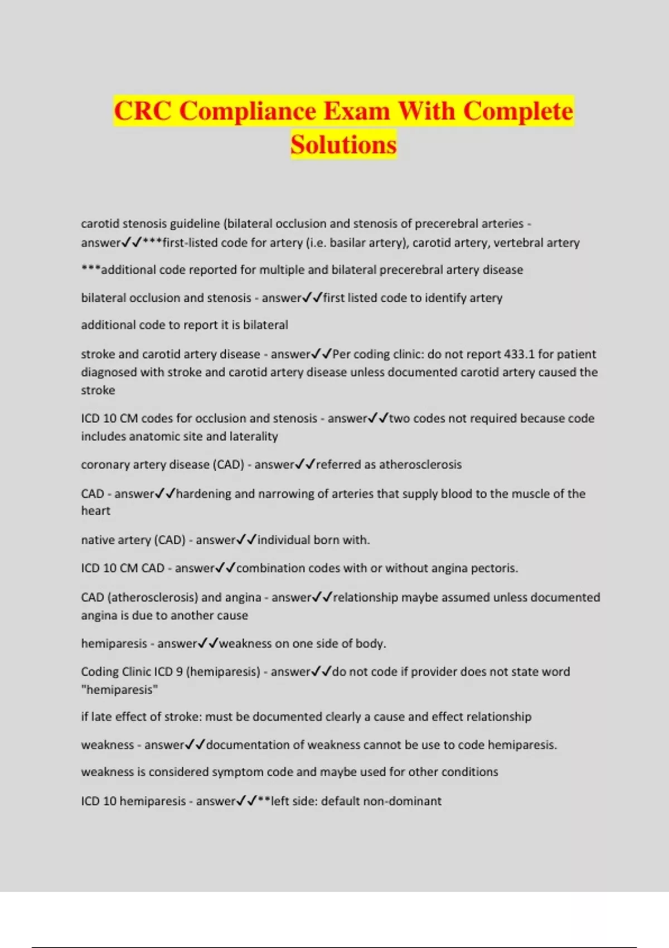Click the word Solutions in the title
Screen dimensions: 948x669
tap(343, 144)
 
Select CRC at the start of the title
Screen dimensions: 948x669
tap(143, 110)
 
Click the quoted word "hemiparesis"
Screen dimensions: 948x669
tap(119, 690)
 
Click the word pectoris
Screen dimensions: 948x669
tap(493, 568)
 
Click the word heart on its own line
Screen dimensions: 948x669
tap(96, 511)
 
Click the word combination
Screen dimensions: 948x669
tap(268, 568)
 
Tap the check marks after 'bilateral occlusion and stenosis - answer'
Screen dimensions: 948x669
tap(312, 298)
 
